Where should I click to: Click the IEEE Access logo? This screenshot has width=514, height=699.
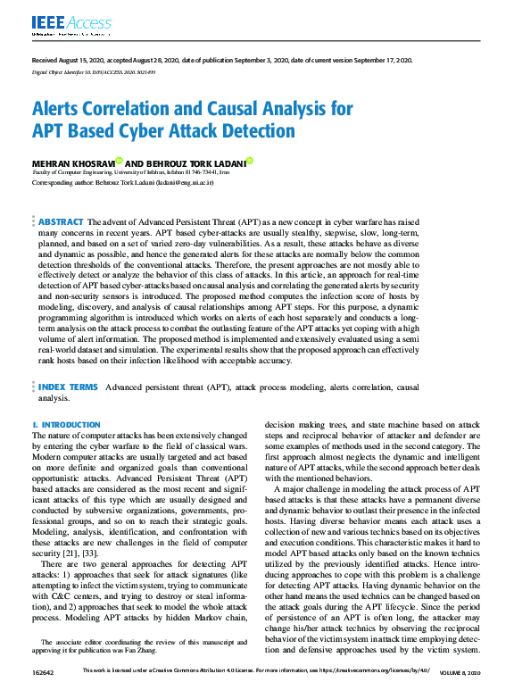point(60,24)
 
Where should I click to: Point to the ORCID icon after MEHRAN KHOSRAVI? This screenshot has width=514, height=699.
point(119,161)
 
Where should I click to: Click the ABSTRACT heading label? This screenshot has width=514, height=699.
point(62,221)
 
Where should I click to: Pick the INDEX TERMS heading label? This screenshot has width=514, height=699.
point(68,387)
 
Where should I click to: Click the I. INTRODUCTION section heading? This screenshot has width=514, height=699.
point(65,425)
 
